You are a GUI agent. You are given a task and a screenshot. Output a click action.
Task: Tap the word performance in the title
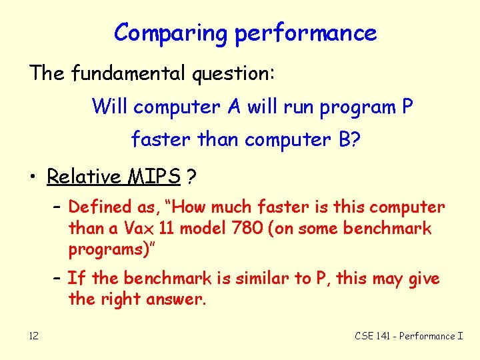305,33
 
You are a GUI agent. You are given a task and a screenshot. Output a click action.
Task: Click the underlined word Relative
83,177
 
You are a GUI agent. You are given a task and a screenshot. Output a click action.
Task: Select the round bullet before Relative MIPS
33,177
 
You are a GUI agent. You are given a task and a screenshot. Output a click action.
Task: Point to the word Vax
138,229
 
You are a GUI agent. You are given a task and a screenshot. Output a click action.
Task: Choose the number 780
251,229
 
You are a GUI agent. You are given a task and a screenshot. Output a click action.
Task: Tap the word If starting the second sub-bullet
76,278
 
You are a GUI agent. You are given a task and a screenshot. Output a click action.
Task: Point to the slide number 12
33,336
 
